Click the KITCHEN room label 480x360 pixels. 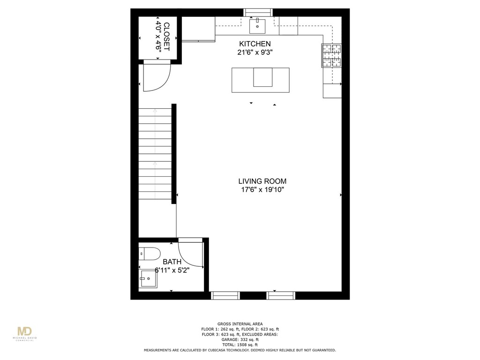pyautogui.click(x=255, y=44)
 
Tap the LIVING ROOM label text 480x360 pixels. pyautogui.click(x=262, y=181)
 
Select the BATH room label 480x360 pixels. pyautogui.click(x=172, y=262)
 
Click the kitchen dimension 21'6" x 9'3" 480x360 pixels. pyautogui.click(x=255, y=52)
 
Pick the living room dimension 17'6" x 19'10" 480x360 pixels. pyautogui.click(x=262, y=190)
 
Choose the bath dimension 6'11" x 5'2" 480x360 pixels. pyautogui.click(x=172, y=270)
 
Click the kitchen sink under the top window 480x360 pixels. pyautogui.click(x=257, y=26)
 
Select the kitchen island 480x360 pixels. pyautogui.click(x=261, y=80)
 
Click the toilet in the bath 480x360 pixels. pyautogui.click(x=150, y=254)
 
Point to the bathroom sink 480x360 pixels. pyautogui.click(x=148, y=280)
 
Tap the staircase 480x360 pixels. pyautogui.click(x=155, y=154)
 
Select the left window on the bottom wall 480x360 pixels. pyautogui.click(x=225, y=295)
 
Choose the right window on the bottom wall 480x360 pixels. pyautogui.click(x=281, y=295)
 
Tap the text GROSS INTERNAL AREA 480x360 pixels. pyautogui.click(x=240, y=324)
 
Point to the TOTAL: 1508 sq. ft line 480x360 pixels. pyautogui.click(x=240, y=345)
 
